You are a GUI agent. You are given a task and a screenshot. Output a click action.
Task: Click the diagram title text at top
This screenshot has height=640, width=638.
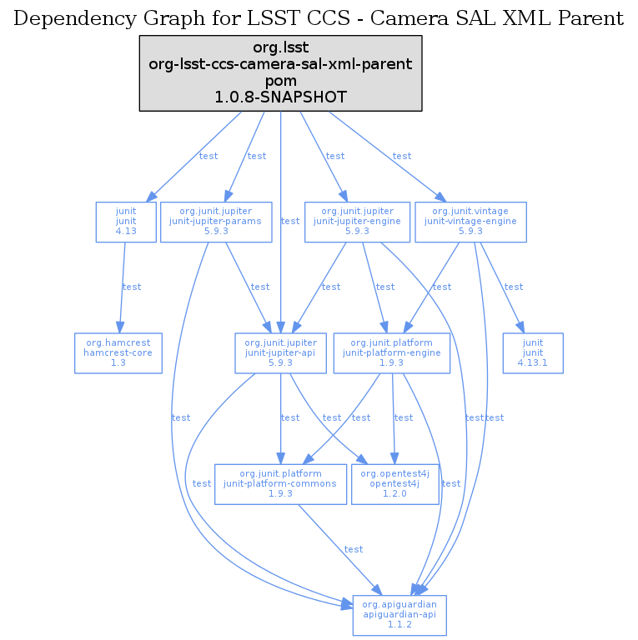tap(319, 18)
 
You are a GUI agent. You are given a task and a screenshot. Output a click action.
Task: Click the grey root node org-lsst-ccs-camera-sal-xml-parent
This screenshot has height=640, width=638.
tap(280, 72)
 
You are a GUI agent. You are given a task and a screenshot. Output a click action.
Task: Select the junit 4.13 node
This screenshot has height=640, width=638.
tap(126, 222)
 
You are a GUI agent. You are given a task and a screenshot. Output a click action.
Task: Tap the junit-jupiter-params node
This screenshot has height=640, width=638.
tap(216, 222)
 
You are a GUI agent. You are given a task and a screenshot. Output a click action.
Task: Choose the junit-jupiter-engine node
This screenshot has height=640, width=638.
tap(357, 222)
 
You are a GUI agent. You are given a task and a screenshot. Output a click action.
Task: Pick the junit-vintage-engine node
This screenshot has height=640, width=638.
tap(470, 222)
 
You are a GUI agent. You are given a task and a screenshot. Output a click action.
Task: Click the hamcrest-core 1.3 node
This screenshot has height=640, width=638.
tap(118, 352)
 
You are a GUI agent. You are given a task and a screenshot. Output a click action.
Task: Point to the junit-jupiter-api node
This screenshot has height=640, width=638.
tap(280, 352)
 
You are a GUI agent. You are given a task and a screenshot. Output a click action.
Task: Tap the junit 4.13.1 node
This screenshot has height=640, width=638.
tap(533, 352)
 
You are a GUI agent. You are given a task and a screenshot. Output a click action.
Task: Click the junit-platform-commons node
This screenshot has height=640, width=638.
tap(280, 483)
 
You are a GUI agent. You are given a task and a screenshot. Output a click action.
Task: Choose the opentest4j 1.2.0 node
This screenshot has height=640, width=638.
tap(394, 483)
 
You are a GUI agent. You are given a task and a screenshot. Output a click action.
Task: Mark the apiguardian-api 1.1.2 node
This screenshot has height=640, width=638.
tap(399, 615)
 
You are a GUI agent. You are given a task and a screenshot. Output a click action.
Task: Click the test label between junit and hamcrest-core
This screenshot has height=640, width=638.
tap(132, 287)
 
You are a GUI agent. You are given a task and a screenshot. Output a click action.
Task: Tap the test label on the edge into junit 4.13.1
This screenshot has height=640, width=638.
tap(514, 287)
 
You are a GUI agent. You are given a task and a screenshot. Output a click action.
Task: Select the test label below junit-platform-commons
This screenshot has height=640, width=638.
tap(354, 549)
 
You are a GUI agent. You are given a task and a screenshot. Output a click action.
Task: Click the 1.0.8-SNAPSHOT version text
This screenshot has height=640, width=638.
tap(280, 97)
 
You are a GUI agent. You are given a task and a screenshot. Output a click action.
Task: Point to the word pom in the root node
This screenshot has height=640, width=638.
tap(280, 82)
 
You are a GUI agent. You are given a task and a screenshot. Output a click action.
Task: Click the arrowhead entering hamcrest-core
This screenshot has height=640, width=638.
tap(120, 327)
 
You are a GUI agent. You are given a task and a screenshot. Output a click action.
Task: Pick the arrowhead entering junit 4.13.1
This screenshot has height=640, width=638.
tap(521, 327)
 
